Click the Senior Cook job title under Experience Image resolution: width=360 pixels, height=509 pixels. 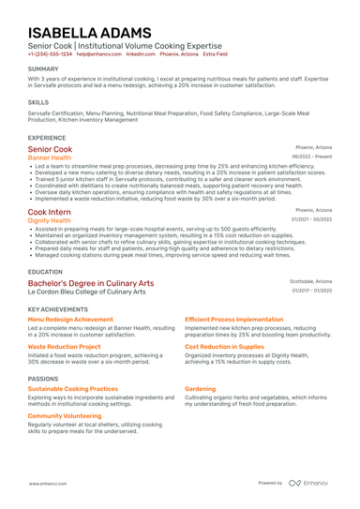click(50, 149)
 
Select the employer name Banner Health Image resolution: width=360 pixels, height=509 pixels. click(49, 157)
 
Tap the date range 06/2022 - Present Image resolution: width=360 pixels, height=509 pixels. click(311, 157)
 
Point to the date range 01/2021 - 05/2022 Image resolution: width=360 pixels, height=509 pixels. click(311, 220)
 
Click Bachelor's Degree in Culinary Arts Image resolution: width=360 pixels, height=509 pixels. click(91, 282)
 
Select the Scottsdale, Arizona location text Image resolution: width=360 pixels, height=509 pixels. click(310, 281)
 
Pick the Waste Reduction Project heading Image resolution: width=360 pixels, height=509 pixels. click(64, 346)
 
